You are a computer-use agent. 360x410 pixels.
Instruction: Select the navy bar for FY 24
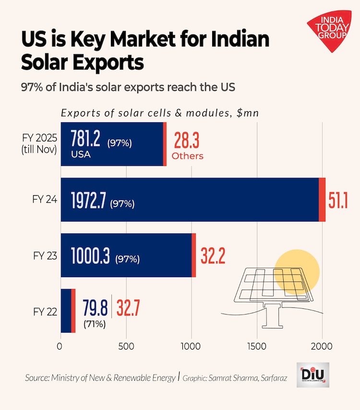[190, 199]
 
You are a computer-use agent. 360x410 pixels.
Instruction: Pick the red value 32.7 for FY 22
[128, 307]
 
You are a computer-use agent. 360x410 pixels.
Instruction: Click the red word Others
[187, 156]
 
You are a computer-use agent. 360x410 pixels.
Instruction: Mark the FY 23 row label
[45, 256]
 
